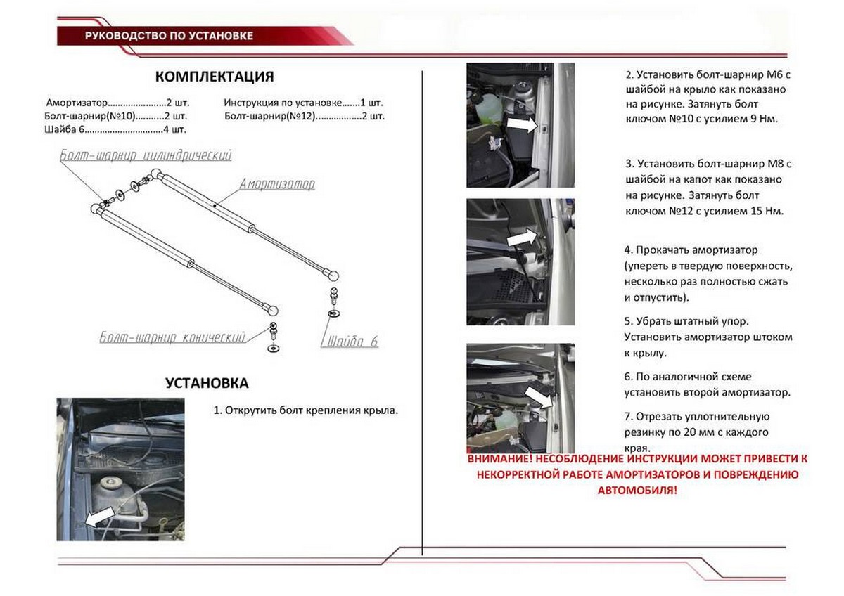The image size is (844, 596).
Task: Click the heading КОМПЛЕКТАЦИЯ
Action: (214, 77)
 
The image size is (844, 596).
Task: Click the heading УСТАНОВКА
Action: (207, 383)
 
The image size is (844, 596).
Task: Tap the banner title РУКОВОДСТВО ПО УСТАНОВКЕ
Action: (168, 35)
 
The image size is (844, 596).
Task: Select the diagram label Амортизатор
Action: (276, 185)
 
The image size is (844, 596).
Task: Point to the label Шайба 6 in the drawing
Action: (352, 342)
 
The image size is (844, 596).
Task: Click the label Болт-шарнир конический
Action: (172, 337)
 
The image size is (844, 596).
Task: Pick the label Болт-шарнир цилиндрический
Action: (146, 155)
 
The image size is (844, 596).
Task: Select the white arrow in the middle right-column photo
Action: (521, 238)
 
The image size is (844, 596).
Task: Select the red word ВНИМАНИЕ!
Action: (497, 459)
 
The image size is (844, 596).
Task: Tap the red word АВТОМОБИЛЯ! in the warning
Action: (637, 491)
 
